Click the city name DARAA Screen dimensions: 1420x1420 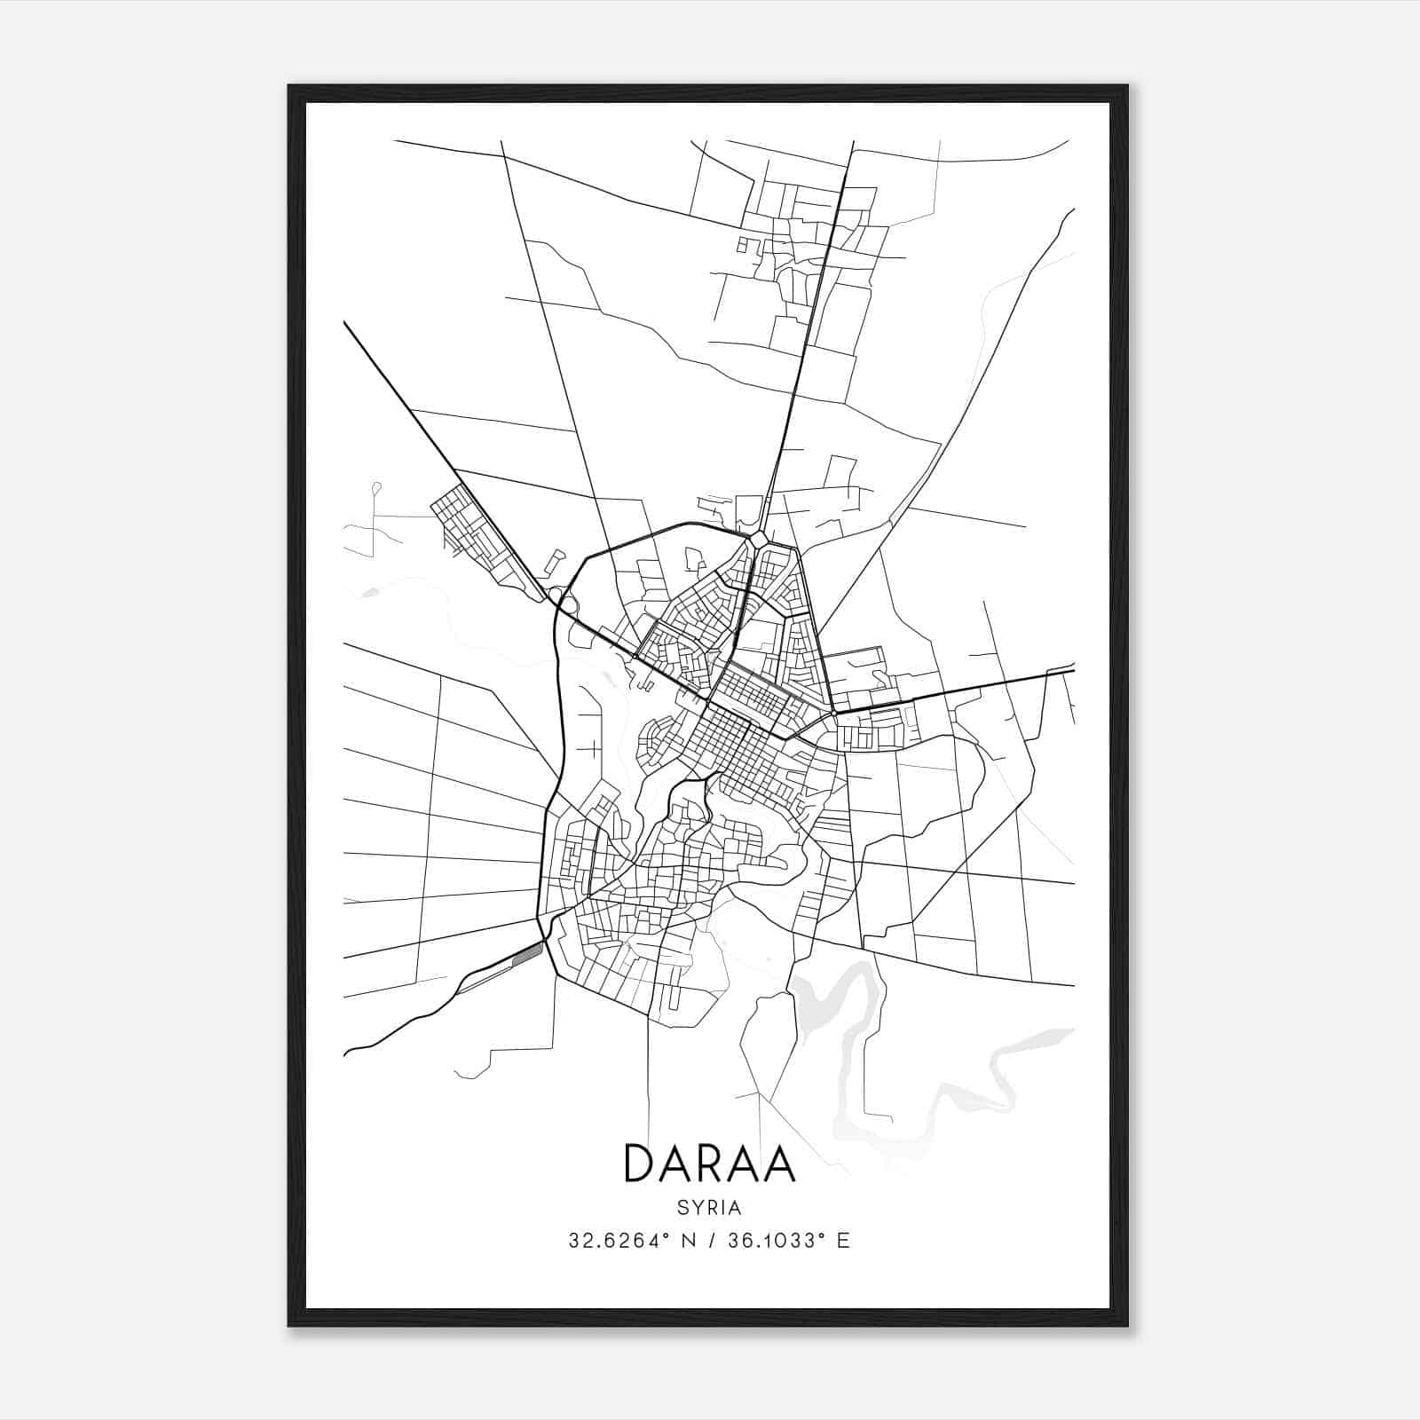pyautogui.click(x=709, y=1164)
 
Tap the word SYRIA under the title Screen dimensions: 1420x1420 pyautogui.click(x=709, y=1208)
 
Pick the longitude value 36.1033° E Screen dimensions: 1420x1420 pyautogui.click(x=788, y=1241)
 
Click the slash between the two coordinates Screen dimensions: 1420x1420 pyautogui.click(x=711, y=1241)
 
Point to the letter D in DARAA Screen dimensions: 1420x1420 pyautogui.click(x=641, y=1164)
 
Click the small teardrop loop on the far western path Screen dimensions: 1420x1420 pyautogui.click(x=376, y=487)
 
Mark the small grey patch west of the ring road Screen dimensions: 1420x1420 pyautogui.click(x=369, y=591)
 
